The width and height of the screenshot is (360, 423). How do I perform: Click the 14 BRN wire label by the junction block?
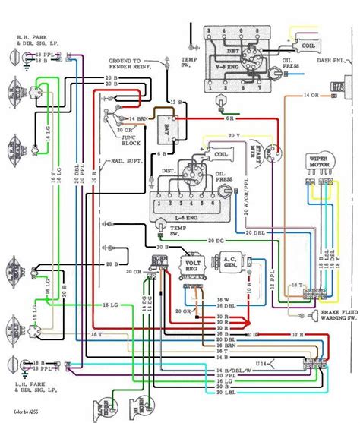[x=137, y=119]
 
